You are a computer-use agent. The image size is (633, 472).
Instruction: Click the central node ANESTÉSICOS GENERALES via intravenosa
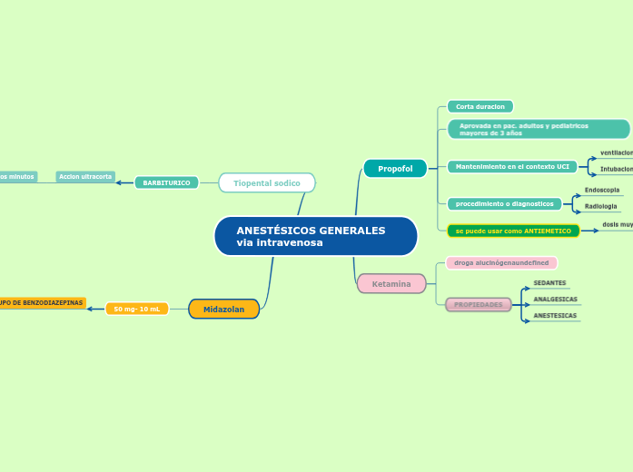click(315, 236)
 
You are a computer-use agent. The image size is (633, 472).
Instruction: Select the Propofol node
click(395, 169)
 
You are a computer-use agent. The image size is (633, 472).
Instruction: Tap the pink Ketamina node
click(391, 284)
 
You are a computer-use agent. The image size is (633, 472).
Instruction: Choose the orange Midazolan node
click(223, 309)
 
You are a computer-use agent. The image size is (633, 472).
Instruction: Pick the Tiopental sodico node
click(267, 183)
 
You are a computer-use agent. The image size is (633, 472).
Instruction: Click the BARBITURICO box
click(166, 182)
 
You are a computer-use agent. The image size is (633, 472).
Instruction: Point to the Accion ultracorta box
click(85, 177)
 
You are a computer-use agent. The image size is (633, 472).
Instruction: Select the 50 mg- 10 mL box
click(136, 309)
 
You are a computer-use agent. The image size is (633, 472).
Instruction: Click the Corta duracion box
click(480, 107)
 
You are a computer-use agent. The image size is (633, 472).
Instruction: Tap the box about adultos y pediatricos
click(539, 129)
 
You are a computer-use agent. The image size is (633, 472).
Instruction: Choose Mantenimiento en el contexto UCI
click(512, 167)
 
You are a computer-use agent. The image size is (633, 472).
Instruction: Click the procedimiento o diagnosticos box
click(504, 203)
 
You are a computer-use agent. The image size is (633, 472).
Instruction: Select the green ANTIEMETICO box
click(513, 231)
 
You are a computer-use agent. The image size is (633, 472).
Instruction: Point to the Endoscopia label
click(602, 190)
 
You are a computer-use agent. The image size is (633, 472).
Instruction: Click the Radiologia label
click(600, 206)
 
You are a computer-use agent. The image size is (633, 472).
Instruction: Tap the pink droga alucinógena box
click(501, 262)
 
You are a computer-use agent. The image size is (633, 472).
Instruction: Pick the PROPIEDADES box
click(479, 304)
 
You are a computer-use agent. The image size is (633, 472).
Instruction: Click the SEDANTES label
click(549, 283)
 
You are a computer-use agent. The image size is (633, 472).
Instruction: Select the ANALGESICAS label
click(555, 299)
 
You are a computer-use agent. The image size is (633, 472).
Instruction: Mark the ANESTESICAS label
click(555, 316)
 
